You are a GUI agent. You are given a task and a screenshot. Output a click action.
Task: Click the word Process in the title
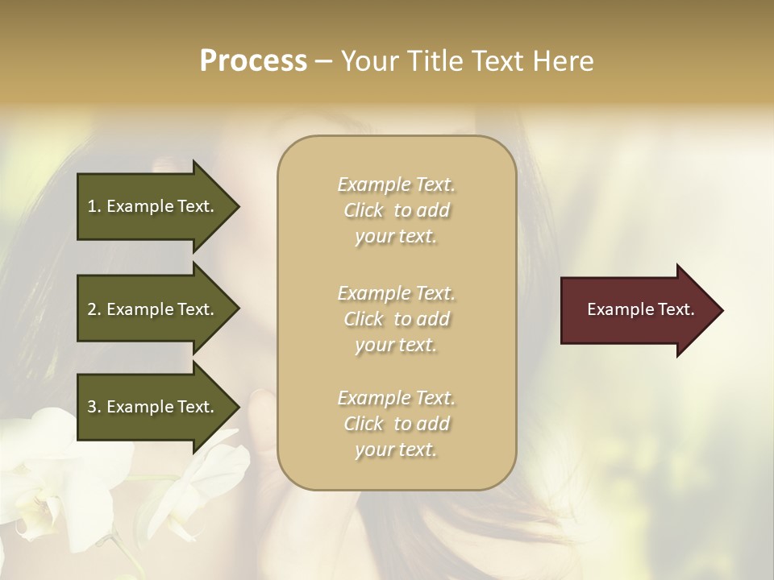[253, 61]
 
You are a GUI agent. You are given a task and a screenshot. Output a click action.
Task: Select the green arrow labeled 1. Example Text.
[153, 206]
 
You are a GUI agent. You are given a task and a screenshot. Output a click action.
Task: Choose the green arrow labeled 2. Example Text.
[153, 309]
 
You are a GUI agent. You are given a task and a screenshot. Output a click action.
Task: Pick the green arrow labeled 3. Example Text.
[153, 407]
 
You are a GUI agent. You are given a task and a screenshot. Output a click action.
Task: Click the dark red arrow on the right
[637, 310]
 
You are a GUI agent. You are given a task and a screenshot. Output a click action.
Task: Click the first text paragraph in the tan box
[396, 210]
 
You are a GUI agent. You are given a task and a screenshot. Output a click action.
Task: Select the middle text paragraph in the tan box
[396, 318]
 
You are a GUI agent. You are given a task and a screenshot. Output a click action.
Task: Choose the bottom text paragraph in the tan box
[396, 424]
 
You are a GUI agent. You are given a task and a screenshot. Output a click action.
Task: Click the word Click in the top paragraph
[364, 210]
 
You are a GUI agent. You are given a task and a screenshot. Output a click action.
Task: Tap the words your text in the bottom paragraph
[396, 449]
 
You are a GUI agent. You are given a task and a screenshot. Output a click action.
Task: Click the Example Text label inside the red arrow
[640, 309]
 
